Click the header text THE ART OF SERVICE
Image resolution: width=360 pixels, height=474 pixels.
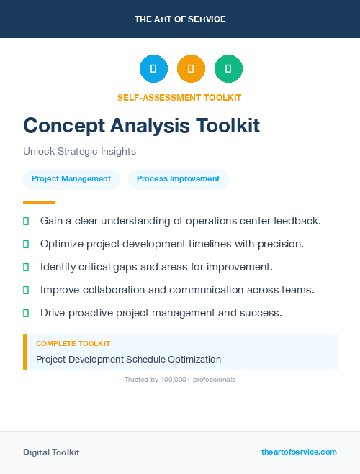(x=180, y=19)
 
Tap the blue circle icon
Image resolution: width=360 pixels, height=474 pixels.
(x=153, y=69)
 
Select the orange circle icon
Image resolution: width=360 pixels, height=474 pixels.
(x=191, y=69)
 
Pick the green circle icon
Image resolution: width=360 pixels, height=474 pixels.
(x=228, y=69)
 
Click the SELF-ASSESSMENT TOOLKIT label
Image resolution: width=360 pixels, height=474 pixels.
(x=179, y=97)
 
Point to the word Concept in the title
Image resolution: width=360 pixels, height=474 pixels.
(x=63, y=125)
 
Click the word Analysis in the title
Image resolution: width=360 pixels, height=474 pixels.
(x=150, y=125)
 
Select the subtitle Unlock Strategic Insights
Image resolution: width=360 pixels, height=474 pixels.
(x=79, y=152)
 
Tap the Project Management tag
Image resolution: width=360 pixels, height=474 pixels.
(x=71, y=179)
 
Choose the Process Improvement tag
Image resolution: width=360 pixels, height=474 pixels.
(x=178, y=179)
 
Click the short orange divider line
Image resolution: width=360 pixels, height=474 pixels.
(x=39, y=202)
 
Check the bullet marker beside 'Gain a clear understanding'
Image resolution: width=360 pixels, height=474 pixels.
(x=26, y=221)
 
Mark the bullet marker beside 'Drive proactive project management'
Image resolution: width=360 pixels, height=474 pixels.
(x=26, y=313)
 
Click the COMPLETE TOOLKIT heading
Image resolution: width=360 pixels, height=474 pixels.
(x=73, y=344)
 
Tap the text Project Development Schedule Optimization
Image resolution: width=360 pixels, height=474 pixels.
(x=128, y=359)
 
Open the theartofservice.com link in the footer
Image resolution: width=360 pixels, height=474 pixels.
(x=299, y=452)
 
